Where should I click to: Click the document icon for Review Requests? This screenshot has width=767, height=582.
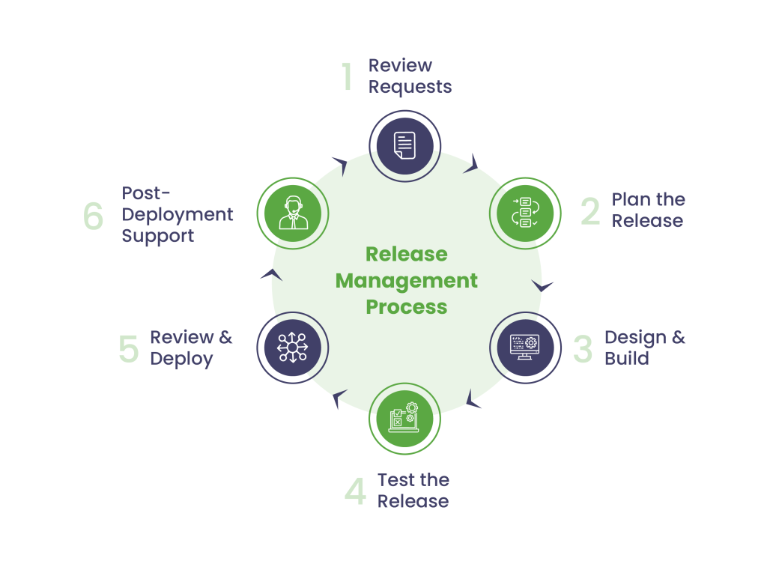click(x=404, y=145)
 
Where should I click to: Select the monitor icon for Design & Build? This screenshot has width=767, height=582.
click(x=524, y=348)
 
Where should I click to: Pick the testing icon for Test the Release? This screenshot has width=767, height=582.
click(x=404, y=418)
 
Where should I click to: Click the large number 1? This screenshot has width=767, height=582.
click(x=347, y=77)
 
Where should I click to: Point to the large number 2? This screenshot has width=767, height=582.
click(x=590, y=211)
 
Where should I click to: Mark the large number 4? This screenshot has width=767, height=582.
click(x=355, y=492)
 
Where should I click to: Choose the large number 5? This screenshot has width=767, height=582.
click(x=129, y=349)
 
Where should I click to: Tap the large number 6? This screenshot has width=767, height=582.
click(x=94, y=216)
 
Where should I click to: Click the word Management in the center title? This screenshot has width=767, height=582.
click(x=406, y=281)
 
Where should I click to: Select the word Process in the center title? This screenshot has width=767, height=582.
click(x=406, y=307)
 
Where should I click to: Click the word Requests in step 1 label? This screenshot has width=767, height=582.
click(x=410, y=87)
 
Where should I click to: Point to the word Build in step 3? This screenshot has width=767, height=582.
click(x=626, y=359)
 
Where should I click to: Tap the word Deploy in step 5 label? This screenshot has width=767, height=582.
click(x=181, y=359)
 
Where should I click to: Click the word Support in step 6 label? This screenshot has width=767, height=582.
click(x=157, y=236)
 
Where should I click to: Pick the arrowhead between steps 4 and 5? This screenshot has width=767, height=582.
click(x=339, y=398)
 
